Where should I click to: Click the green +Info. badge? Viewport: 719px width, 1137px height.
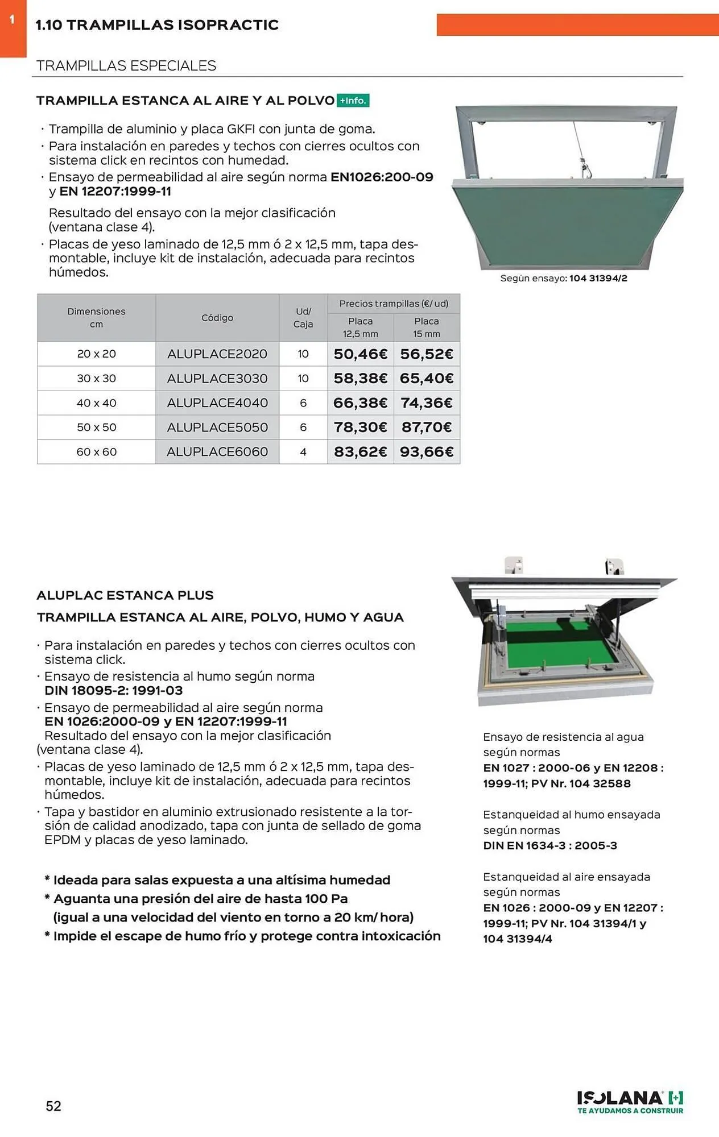[x=353, y=101]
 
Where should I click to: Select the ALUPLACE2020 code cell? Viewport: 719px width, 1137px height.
[x=217, y=354]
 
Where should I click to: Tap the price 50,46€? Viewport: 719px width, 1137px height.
[x=360, y=354]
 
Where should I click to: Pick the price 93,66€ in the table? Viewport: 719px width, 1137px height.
[x=427, y=452]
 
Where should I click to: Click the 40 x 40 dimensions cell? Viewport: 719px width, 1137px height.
[x=97, y=403]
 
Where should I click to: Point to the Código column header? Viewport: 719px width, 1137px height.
[x=217, y=318]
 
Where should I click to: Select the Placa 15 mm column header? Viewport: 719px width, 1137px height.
[x=427, y=327]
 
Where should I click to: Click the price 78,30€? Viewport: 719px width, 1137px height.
[x=360, y=428]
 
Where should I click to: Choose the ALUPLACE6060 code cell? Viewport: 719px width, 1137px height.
[x=217, y=452]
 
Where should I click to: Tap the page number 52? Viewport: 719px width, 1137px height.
[x=53, y=1106]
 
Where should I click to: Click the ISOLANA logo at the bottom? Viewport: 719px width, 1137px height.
[x=630, y=1102]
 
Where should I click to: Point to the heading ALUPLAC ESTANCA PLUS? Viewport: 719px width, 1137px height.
[x=125, y=595]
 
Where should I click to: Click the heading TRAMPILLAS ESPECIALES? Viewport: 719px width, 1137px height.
[x=126, y=66]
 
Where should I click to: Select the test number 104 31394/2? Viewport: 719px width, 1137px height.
[x=598, y=279]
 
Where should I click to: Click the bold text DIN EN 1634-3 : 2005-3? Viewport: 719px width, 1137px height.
[x=550, y=845]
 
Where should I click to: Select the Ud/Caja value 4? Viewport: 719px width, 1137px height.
[x=303, y=452]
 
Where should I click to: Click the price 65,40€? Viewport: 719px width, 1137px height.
[x=427, y=379]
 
